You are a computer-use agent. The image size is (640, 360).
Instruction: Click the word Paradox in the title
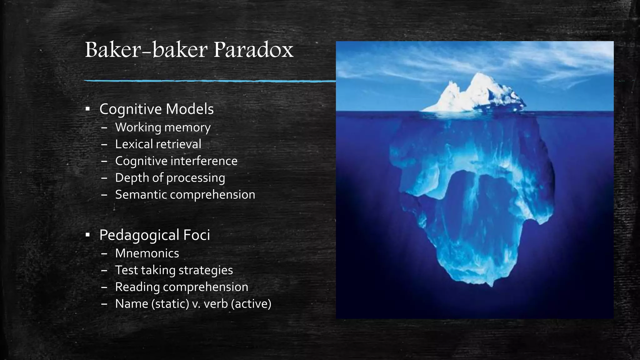click(253, 50)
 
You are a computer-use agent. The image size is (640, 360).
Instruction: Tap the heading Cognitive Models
click(156, 109)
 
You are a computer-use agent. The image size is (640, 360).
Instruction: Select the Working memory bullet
click(163, 127)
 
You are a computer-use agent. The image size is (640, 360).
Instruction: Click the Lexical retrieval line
click(158, 144)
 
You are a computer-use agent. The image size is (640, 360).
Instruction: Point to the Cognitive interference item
click(176, 161)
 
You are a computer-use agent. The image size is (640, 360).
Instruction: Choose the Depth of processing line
click(170, 178)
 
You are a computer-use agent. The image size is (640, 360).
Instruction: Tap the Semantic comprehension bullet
click(185, 194)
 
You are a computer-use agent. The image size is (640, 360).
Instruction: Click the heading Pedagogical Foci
click(154, 235)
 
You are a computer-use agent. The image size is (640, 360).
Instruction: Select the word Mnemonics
click(147, 253)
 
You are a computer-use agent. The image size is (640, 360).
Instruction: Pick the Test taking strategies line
click(174, 270)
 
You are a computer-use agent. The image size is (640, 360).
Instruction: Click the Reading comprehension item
click(182, 287)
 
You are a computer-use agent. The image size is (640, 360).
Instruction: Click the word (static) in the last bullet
click(170, 304)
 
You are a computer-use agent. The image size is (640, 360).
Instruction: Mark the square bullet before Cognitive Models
click(87, 109)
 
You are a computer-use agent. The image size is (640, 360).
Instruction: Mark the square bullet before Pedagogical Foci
click(87, 235)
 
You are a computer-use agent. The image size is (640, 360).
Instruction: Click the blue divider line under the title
click(209, 81)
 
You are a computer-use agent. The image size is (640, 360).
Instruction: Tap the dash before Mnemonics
click(104, 253)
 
